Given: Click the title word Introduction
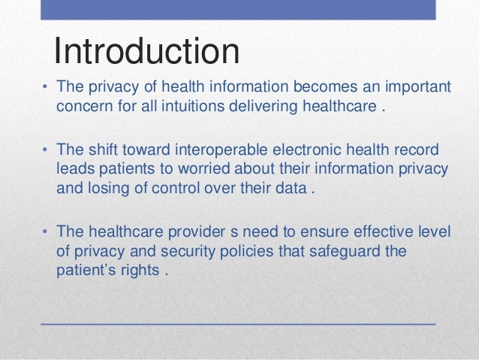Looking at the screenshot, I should coord(146,51).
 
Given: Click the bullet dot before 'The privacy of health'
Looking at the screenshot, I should coord(44,89).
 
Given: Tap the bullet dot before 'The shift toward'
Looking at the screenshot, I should coord(44,150).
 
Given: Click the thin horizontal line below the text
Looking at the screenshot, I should coord(237,322).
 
